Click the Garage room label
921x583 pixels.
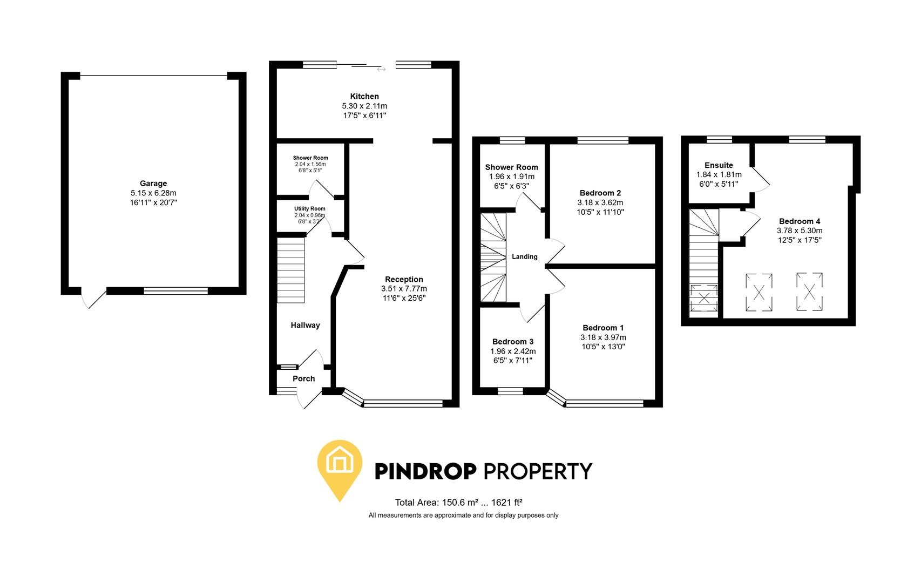tap(153, 184)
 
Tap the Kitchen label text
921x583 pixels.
tap(364, 97)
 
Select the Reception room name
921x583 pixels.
tap(404, 279)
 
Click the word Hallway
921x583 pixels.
tap(305, 325)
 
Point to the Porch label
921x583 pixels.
tap(303, 378)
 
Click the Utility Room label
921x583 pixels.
tap(309, 209)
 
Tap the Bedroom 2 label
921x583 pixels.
tap(600, 193)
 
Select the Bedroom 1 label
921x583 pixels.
tap(603, 328)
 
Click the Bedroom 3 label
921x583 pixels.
tap(513, 342)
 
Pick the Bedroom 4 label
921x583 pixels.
tap(800, 221)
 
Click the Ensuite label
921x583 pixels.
tap(719, 165)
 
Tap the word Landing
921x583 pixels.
tap(524, 256)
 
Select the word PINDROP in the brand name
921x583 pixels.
tap(425, 471)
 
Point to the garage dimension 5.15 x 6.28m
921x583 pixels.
tap(153, 193)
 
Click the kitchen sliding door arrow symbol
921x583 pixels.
tap(381, 69)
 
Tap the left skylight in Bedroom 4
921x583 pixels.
tap(759, 293)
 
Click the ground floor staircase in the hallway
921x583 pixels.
tap(291, 272)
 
